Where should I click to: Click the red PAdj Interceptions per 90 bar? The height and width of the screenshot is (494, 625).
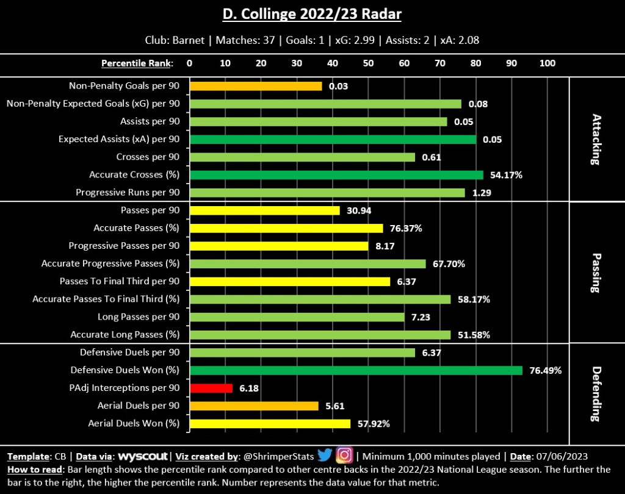coord(211,388)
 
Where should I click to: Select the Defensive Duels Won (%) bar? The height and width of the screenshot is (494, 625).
coord(356,370)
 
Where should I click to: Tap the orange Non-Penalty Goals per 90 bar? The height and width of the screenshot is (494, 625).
coord(256,86)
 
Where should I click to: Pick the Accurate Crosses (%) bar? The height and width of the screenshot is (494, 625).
coord(336,175)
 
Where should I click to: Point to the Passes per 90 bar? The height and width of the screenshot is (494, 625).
coord(265,210)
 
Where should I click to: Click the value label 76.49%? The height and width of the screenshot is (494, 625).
coord(544,370)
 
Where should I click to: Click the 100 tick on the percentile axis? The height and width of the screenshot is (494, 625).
coord(547,63)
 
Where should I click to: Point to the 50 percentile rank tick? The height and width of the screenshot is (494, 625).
coord(368,63)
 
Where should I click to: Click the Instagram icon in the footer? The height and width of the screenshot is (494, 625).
coord(344,456)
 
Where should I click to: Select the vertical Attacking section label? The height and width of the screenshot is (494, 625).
coord(595,139)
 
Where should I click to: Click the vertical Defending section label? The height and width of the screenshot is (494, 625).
coord(595,393)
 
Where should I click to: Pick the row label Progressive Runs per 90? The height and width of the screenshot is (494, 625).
coord(128,193)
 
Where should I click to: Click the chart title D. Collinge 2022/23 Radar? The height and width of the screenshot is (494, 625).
coord(312,13)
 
